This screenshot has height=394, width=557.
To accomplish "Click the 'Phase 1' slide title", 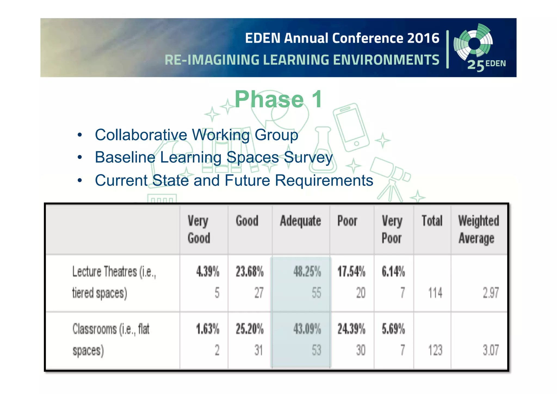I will point(278,99).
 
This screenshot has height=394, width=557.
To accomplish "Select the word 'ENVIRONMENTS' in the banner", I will point(386,60).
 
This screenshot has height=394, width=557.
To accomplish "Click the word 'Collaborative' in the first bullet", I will point(141,135).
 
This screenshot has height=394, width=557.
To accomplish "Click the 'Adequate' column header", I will point(301,221).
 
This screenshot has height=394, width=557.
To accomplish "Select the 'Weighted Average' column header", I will point(478,229).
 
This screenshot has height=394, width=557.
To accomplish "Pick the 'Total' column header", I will point(432,221).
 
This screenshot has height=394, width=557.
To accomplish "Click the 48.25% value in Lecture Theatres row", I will point(307,272).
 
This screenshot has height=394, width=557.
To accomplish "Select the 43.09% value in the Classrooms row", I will point(307,329).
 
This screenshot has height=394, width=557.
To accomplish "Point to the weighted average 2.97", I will point(490,293).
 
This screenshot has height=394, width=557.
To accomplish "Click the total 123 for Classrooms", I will point(435,350).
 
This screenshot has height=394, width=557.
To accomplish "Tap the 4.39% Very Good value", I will point(208,272).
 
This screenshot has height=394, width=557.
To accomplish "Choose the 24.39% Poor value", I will point(351,329).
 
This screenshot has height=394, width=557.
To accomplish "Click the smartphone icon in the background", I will point(351,127).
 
